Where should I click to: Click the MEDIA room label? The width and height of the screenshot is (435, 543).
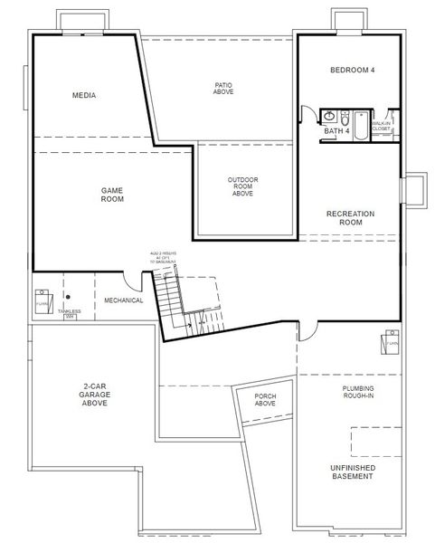(x=84, y=95)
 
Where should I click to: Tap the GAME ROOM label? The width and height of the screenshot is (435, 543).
(x=112, y=195)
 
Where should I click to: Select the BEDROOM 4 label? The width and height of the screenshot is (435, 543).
(x=352, y=70)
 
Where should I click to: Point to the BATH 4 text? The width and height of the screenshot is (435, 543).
(x=336, y=132)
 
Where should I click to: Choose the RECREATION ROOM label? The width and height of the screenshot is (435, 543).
(x=350, y=218)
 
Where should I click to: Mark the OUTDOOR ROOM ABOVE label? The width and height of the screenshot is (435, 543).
(x=242, y=186)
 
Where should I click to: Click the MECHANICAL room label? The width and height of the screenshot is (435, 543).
(x=123, y=300)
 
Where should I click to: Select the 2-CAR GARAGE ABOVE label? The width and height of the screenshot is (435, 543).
(x=94, y=395)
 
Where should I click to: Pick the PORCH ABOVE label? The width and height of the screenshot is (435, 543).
(x=265, y=399)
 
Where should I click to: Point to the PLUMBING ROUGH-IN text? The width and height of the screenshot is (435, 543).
(x=358, y=392)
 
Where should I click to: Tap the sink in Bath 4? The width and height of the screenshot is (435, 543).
(x=330, y=117)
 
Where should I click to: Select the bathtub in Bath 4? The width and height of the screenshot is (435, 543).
(x=360, y=125)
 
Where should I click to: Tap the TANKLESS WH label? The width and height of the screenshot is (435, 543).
(x=69, y=314)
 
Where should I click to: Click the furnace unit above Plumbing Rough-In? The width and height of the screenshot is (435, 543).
(x=390, y=344)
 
